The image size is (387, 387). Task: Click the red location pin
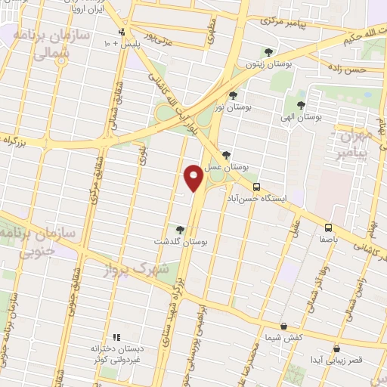[x=193, y=177]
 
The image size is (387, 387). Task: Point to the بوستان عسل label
[x=230, y=166]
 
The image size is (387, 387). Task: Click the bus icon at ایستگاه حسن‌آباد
[x=257, y=187]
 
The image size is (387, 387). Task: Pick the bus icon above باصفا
[x=328, y=227]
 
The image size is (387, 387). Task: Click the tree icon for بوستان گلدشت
[x=179, y=230]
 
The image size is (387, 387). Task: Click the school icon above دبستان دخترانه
[x=116, y=337]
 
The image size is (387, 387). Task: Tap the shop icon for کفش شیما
[x=283, y=326]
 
